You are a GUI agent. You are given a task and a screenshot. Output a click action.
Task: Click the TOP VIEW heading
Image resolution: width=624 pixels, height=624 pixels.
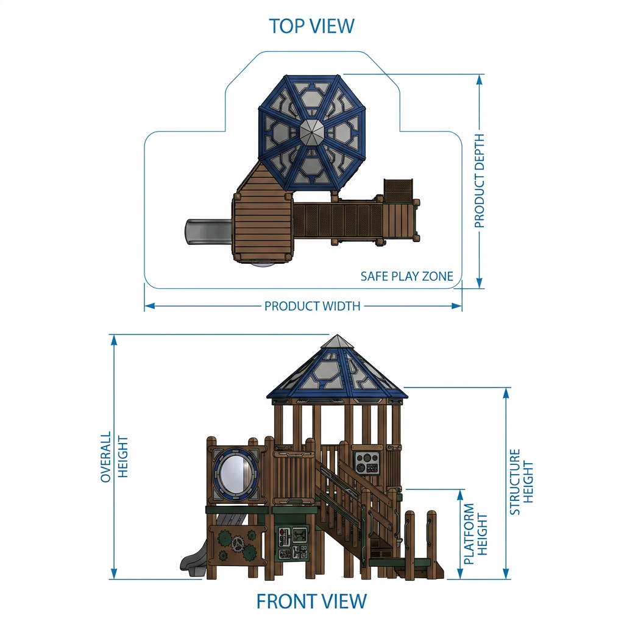(311, 26)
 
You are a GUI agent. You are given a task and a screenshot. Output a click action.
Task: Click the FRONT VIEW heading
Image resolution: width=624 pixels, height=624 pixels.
(311, 601)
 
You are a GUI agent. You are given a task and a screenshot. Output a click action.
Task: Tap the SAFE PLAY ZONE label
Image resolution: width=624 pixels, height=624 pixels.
(406, 276)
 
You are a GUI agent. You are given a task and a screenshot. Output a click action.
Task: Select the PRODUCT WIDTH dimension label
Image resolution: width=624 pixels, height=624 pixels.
(313, 306)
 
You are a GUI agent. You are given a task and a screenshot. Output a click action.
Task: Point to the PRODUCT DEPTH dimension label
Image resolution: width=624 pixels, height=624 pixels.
(480, 180)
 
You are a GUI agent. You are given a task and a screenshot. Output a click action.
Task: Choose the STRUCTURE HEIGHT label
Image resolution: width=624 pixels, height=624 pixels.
(522, 482)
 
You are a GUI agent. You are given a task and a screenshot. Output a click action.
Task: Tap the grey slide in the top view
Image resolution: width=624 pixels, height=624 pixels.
(208, 232)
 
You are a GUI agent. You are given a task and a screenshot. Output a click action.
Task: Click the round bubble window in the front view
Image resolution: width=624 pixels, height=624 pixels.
(236, 473)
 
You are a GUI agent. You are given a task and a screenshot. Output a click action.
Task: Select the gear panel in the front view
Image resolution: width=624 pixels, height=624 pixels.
(237, 543)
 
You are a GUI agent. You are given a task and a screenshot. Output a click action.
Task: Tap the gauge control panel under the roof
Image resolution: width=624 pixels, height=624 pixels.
(366, 463)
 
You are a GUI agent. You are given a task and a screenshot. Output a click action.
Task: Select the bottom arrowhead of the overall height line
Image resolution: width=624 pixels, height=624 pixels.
(114, 573)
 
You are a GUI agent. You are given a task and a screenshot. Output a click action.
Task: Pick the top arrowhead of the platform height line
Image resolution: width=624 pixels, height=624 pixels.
(461, 495)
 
